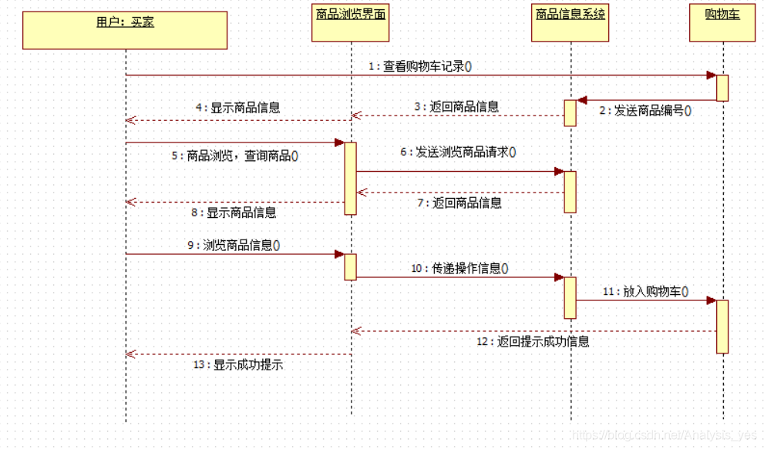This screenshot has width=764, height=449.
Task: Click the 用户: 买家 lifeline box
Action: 125,30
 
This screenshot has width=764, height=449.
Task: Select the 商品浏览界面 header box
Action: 351,23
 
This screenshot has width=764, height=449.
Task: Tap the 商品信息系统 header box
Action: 570,23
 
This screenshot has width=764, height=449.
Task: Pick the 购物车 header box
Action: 722,23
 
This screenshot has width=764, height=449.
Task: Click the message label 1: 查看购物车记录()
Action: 419,66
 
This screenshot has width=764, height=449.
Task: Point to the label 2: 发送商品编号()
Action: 645,110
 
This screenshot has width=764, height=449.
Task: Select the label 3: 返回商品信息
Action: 456,107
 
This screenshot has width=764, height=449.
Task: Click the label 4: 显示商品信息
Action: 237,108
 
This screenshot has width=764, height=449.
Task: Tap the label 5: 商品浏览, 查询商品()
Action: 234,156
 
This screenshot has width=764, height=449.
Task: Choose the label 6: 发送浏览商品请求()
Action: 458,152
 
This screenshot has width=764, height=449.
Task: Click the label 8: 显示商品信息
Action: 234,213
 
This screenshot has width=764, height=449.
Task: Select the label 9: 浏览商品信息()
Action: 234,246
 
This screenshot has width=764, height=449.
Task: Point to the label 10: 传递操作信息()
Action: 459,268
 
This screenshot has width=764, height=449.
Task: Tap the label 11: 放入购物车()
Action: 645,292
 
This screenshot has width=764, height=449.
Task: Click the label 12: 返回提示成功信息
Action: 533,341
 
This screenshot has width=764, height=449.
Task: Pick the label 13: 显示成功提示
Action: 238,365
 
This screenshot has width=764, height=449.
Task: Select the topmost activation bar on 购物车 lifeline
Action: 722,88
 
